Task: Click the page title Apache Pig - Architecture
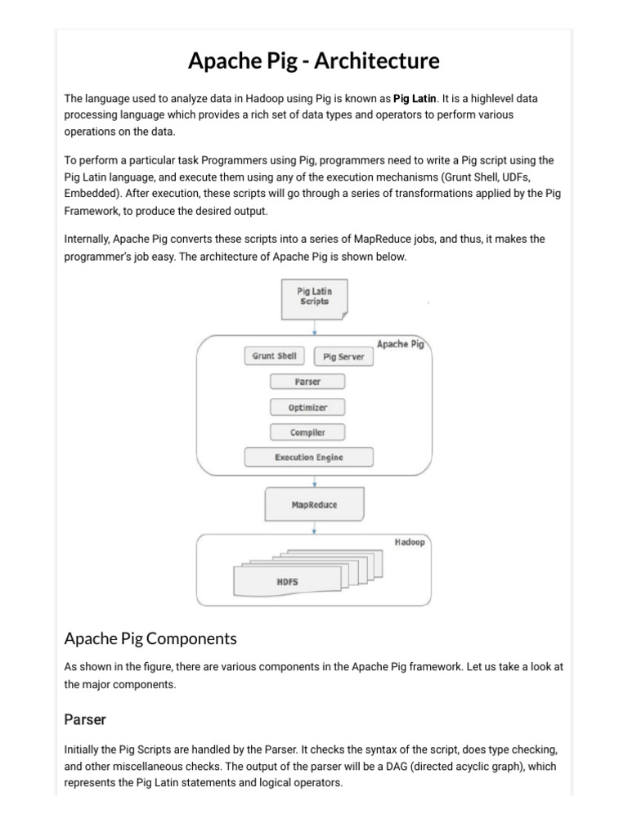click(x=314, y=60)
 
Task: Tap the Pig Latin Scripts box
click(x=314, y=296)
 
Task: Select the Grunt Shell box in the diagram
click(x=274, y=356)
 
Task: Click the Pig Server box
click(x=343, y=357)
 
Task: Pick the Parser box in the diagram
click(x=307, y=382)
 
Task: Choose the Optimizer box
click(x=307, y=407)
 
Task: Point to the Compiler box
click(x=307, y=432)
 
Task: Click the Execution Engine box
click(x=309, y=458)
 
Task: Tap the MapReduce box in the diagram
click(x=314, y=505)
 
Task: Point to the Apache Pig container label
click(x=400, y=344)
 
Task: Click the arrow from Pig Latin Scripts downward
click(x=315, y=326)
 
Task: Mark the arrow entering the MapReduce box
click(x=315, y=481)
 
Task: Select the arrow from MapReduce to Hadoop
click(x=315, y=528)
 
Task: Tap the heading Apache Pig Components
click(x=150, y=638)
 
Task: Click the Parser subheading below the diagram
click(x=85, y=720)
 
